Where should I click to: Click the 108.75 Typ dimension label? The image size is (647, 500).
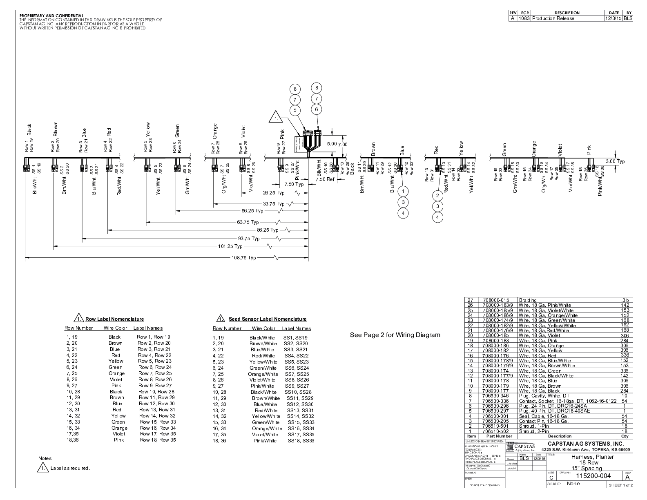[x=244, y=258]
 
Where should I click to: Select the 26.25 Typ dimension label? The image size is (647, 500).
[x=273, y=193]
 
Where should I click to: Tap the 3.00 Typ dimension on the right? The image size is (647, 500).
[x=615, y=161]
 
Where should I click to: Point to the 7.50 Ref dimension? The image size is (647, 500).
[x=325, y=179]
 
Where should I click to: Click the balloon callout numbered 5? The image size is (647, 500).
[x=295, y=110]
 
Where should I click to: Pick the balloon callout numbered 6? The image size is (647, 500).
[x=316, y=109]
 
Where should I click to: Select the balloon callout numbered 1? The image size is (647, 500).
[x=403, y=191]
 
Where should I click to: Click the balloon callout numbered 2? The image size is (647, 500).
[x=437, y=196]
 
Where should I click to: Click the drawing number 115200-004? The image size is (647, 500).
[x=593, y=476]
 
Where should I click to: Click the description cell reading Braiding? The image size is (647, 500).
[x=528, y=300]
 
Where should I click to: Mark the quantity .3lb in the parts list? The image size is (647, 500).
[x=625, y=300]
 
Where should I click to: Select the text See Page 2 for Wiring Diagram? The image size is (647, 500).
[x=395, y=335]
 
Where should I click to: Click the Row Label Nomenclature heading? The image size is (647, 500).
[x=114, y=319]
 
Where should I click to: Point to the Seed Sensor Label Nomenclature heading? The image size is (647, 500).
[x=268, y=319]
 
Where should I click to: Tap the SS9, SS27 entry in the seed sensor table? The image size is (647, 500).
[x=297, y=386]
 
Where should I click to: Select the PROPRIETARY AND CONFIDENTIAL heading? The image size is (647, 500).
[x=51, y=16]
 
